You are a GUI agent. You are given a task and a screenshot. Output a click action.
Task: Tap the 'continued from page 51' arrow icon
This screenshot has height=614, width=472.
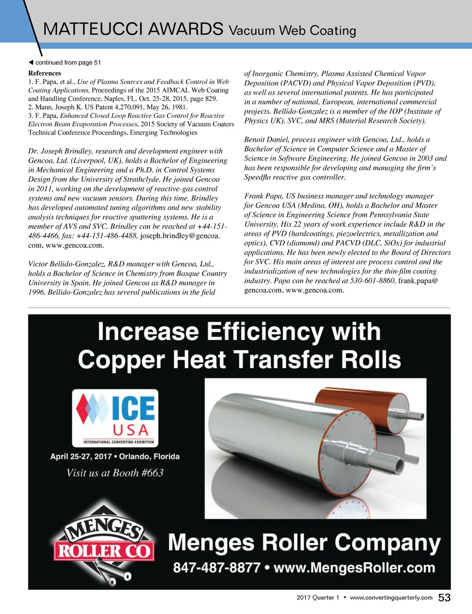coord(31,62)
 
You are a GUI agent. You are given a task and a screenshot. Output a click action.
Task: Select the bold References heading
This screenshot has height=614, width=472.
coord(45,73)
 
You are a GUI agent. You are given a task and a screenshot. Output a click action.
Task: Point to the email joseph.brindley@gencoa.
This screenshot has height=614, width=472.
coord(180,236)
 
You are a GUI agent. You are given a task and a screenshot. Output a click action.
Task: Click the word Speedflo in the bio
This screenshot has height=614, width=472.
coord(260,177)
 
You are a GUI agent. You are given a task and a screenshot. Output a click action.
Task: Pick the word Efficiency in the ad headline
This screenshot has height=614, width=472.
coord(265,332)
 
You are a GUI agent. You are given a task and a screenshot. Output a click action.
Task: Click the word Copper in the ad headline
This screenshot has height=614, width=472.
coord(121,360)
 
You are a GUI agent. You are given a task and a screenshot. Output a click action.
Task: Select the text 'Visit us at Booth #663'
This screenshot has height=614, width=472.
coord(115,473)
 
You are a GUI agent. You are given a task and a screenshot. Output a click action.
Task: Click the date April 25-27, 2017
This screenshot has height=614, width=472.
coord(81,457)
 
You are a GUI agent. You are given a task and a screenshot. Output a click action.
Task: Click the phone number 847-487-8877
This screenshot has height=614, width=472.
coord(217,567)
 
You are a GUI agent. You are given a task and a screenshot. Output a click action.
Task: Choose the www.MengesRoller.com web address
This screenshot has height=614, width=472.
coord(354,567)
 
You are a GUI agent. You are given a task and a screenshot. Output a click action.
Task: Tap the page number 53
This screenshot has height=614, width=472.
coord(444,598)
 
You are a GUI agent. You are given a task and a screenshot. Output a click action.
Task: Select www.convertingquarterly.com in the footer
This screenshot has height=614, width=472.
coord(391,597)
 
